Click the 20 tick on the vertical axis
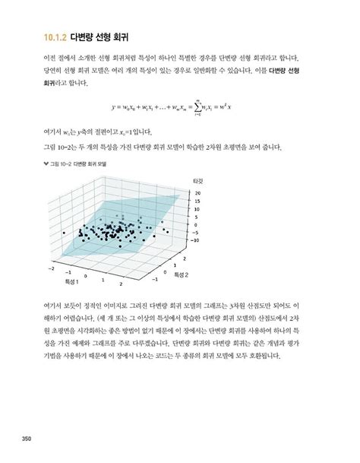[197, 193]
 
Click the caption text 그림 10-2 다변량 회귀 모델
[80, 163]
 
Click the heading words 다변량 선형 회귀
[103, 34]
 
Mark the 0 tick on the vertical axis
[196, 225]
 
